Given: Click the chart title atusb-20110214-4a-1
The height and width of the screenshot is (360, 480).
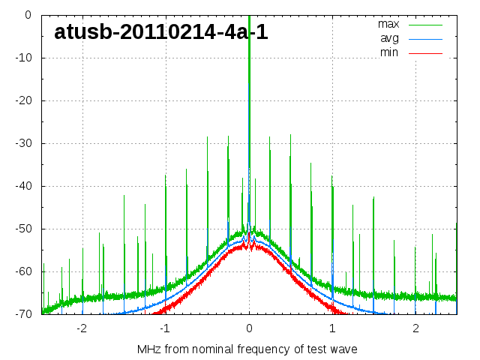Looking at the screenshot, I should point(161,32).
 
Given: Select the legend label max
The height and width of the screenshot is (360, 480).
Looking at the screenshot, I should point(388,24).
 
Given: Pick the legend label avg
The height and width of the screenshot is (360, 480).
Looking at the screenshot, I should point(389,38).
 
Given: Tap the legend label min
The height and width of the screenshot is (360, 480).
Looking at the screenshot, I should point(389,52).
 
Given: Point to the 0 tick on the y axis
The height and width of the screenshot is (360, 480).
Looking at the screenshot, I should point(27,15).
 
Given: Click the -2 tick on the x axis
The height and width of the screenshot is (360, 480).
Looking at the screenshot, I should point(82,328).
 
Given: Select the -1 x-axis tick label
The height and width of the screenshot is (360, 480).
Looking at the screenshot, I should point(165,328).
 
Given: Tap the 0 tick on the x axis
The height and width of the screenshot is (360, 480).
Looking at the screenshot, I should point(249,328).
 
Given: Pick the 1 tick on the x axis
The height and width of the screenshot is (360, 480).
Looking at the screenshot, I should point(332,328).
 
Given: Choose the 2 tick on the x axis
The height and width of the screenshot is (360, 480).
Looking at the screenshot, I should point(415,328).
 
